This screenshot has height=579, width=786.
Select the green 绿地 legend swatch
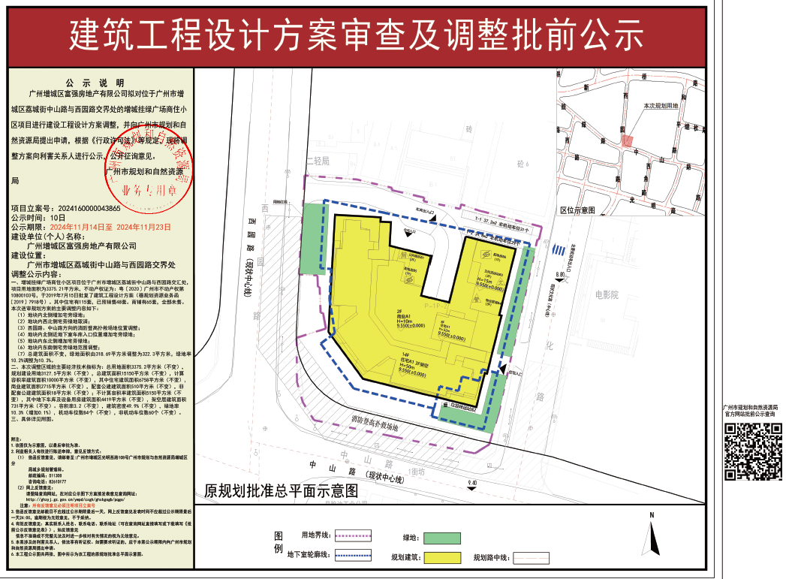coord(441,538)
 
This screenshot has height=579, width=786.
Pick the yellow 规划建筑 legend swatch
coord(441,558)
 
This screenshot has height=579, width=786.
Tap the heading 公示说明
coord(98,83)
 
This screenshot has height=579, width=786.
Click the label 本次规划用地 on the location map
coord(660,107)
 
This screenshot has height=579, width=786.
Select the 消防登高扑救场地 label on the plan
coord(380,424)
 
